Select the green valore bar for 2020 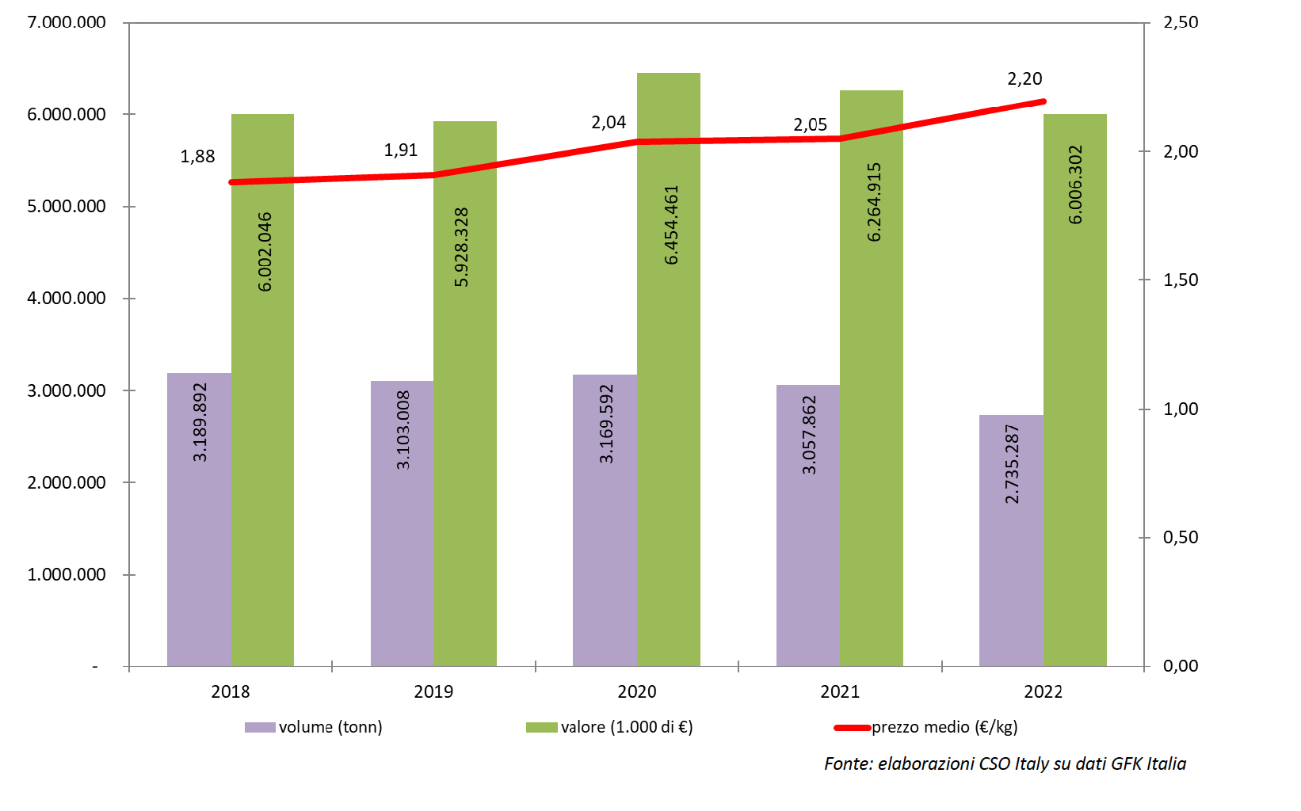(x=669, y=396)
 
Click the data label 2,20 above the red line (x=1024, y=79)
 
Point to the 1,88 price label (x=197, y=157)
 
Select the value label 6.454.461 (x=672, y=225)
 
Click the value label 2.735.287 (x=1012, y=464)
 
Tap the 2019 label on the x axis (x=433, y=692)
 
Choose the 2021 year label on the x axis (x=840, y=692)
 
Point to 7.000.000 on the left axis (x=67, y=22)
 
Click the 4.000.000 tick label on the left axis (x=67, y=299)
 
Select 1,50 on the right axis (x=1181, y=280)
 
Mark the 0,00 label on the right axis (x=1181, y=666)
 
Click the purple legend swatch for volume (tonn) (x=260, y=727)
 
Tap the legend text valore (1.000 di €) (x=627, y=727)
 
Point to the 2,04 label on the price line (x=609, y=123)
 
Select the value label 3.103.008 (x=403, y=429)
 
